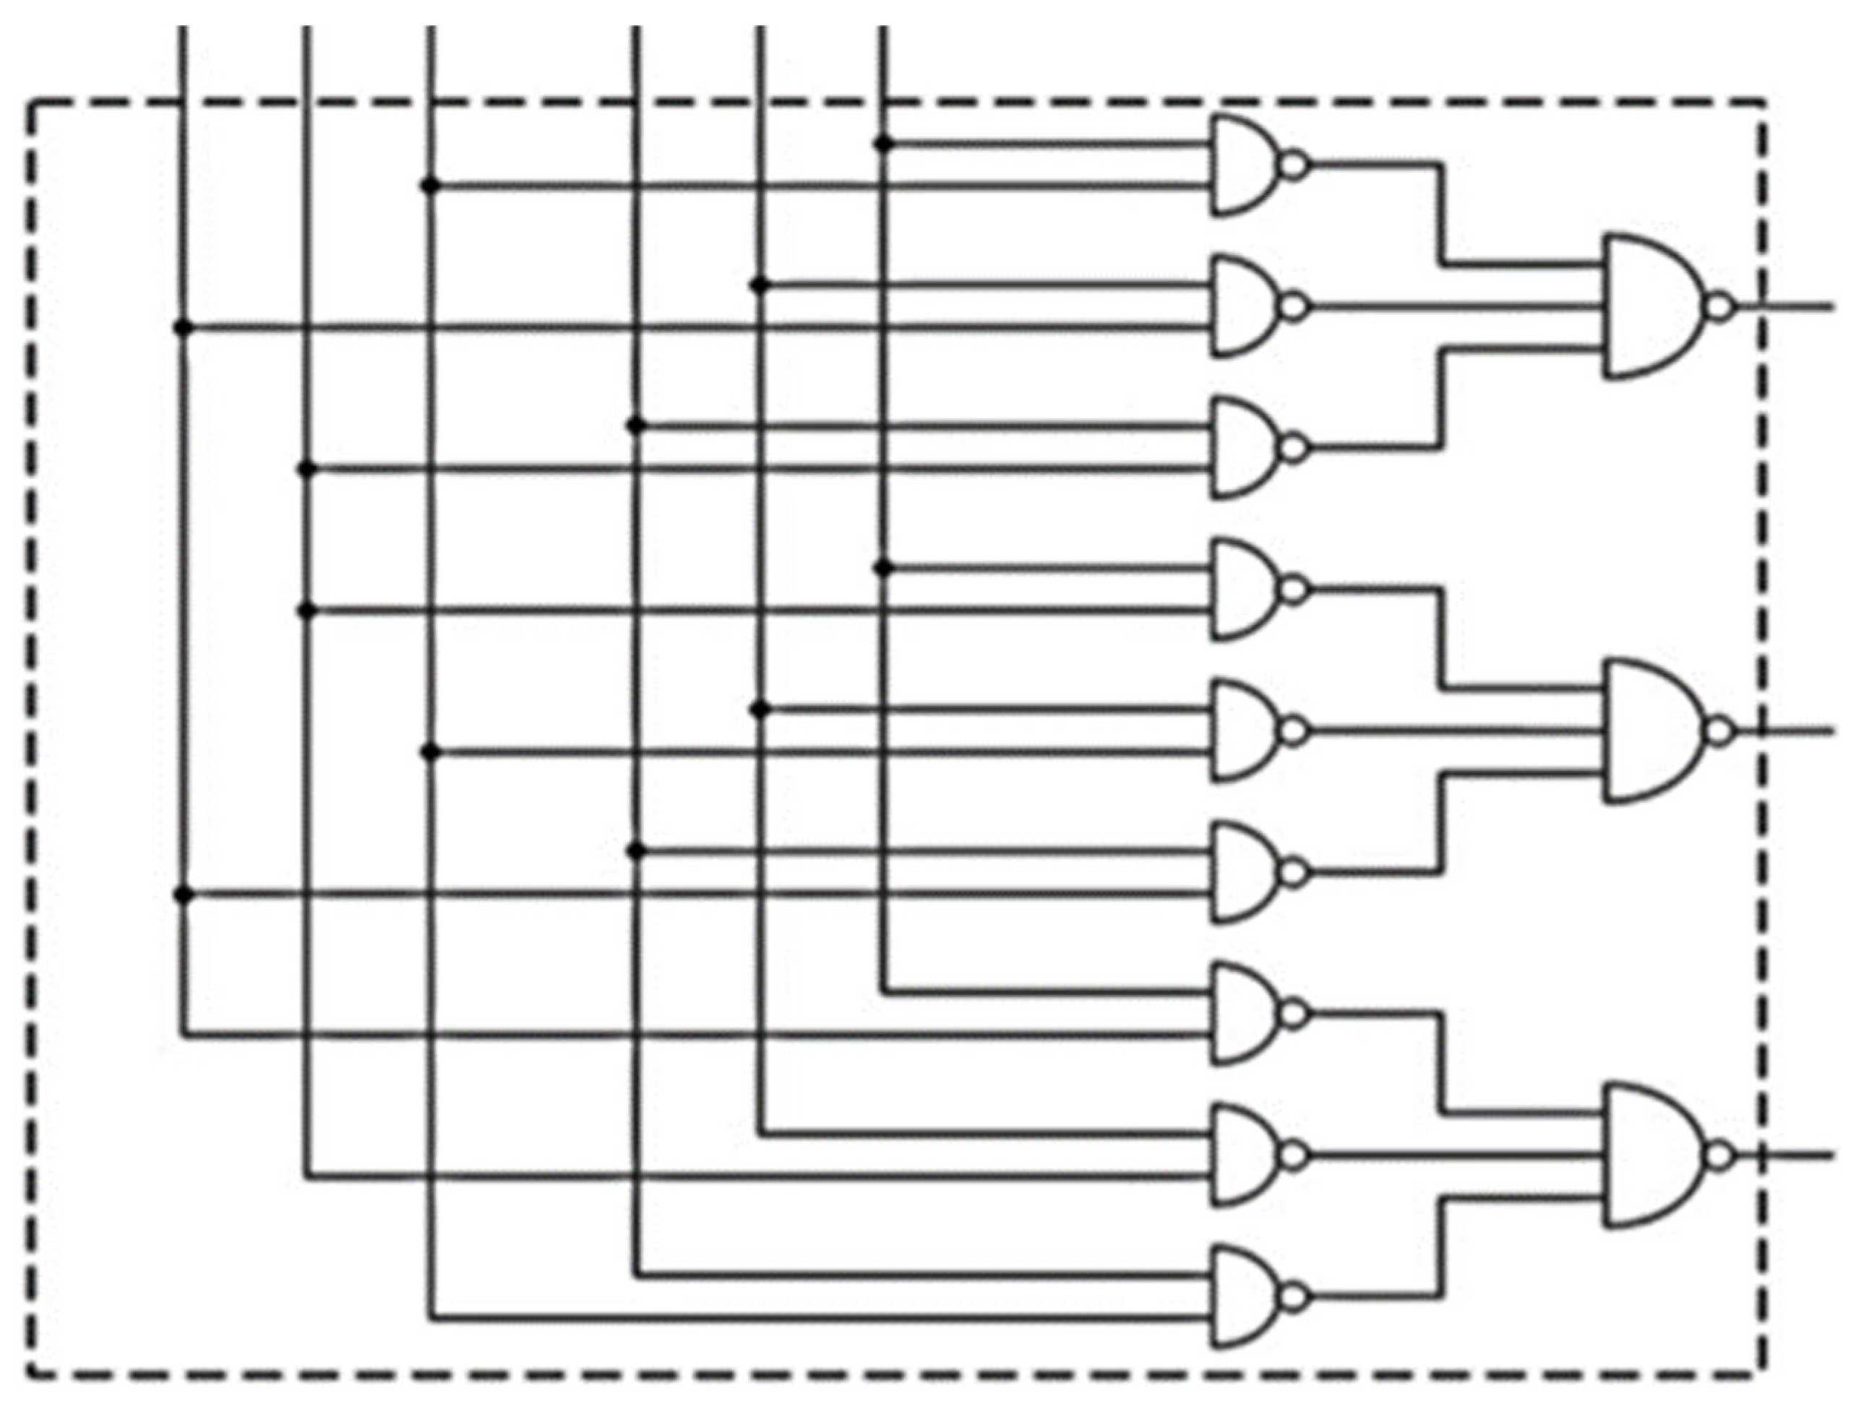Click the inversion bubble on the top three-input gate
click(1720, 307)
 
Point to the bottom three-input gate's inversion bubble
click(1720, 1157)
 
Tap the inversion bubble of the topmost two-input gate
click(1294, 165)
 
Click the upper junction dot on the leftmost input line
click(183, 327)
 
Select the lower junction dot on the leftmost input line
click(183, 895)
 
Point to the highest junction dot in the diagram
click(882, 145)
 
